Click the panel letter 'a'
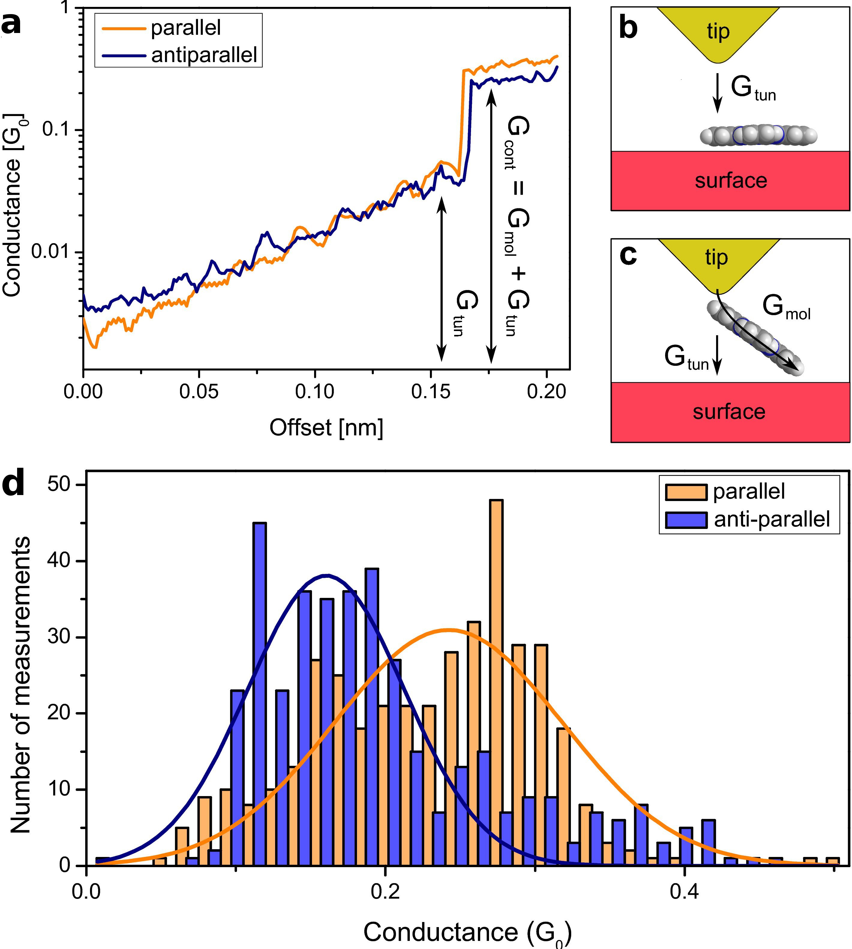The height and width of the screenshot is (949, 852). (11, 24)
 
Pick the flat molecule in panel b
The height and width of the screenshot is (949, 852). (758, 136)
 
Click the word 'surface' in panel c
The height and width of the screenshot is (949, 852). (729, 412)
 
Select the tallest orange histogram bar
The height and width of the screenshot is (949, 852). (496, 683)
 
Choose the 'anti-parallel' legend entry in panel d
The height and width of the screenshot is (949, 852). (772, 519)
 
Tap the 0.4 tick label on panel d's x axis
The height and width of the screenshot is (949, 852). (684, 892)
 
